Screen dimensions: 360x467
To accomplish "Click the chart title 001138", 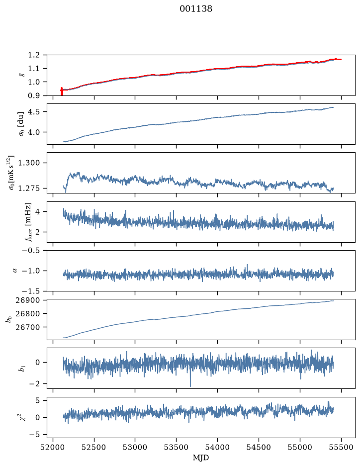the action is (196, 9).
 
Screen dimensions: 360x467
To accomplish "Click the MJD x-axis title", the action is (201, 458).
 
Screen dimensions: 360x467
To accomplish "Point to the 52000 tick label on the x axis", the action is (53, 447).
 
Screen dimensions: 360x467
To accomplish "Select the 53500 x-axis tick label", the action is (177, 447).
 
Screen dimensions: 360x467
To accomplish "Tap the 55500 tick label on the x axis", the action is (341, 447).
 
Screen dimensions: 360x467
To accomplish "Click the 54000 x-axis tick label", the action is (217, 447).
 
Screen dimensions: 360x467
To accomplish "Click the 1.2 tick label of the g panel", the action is (34, 55).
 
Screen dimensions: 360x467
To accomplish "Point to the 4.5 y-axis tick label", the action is (34, 112).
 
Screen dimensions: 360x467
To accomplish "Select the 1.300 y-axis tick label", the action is (29, 163).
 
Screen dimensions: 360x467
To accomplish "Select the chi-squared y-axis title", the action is (23, 418).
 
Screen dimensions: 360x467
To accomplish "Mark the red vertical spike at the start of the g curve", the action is (62, 92).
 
